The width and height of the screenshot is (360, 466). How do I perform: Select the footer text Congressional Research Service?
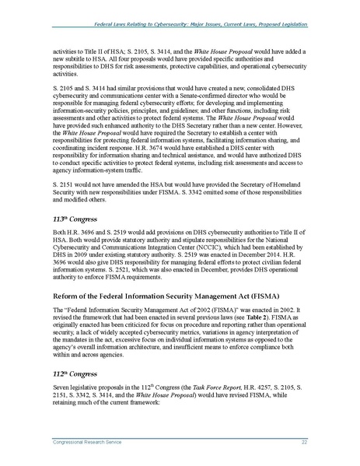coord(74,442)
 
